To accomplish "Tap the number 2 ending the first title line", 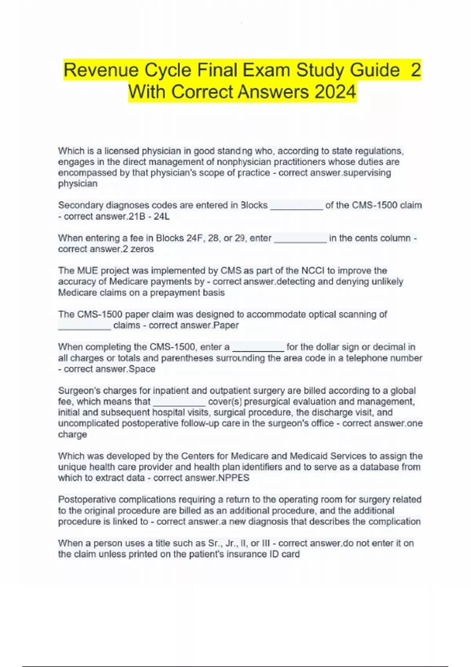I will click(415, 70).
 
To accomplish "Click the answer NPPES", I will click(234, 478).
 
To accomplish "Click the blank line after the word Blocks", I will click(296, 207).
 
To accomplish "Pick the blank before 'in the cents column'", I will click(300, 240).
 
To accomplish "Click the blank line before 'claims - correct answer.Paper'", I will click(84, 327).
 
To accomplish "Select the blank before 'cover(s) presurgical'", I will click(179, 403).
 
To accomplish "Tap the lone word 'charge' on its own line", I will click(73, 434).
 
